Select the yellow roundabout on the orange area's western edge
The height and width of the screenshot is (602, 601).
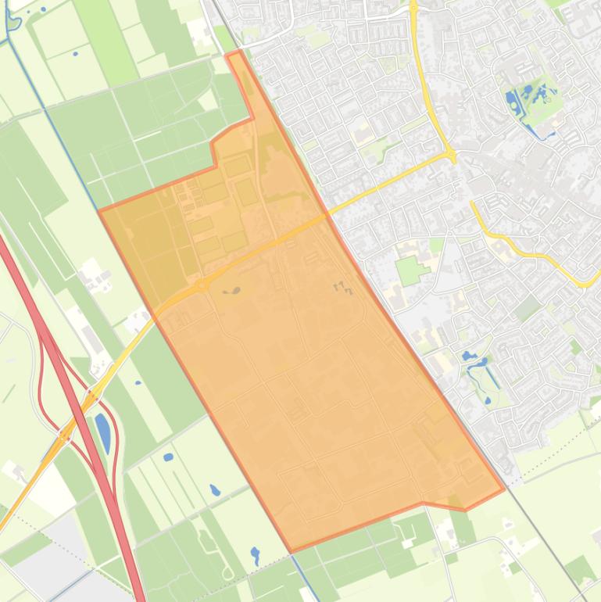(x=202, y=285)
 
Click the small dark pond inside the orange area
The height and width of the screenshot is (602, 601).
(x=234, y=291)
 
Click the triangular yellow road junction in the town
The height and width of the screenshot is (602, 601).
(x=452, y=155)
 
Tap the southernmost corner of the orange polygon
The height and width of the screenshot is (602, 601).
(x=291, y=551)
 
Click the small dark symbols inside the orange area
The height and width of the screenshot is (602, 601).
(x=342, y=288)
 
